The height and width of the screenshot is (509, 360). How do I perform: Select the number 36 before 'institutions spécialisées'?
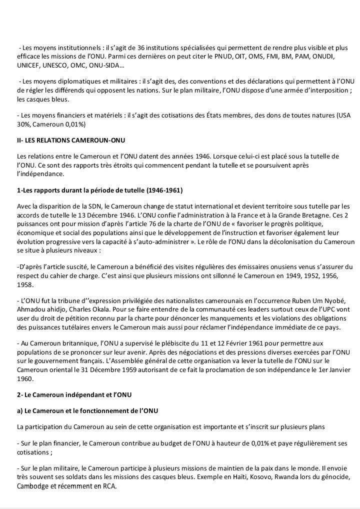click(144, 47)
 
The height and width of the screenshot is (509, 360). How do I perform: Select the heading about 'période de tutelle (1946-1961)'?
click(99, 191)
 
